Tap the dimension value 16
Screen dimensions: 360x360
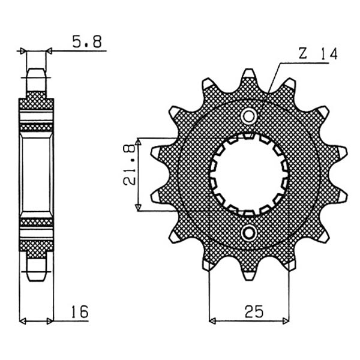tap(79, 311)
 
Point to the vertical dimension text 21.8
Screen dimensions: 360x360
tap(127, 174)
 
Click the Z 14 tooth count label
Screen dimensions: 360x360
tap(317, 54)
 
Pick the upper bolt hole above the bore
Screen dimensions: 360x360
tap(248, 115)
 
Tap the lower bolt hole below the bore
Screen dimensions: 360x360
tap(248, 232)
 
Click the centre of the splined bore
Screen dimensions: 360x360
tap(248, 173)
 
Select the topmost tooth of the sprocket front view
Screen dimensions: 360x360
tap(248, 77)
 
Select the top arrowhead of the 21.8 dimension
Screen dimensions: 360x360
tap(138, 142)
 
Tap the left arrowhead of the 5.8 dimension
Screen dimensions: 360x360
tap(25, 52)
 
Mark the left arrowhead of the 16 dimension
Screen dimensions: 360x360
tap(23, 319)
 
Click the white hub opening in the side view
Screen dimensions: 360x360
tap(37, 173)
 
